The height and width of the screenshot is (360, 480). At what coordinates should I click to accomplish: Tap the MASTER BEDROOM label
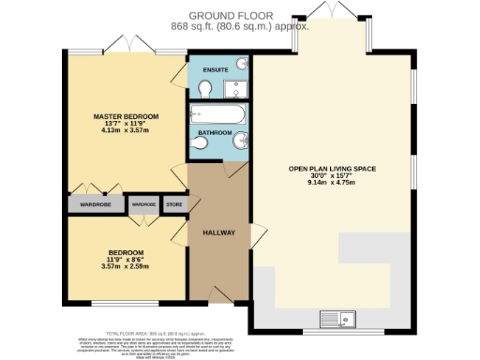(x=126, y=116)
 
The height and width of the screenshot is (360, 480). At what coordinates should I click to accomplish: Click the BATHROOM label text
(x=216, y=134)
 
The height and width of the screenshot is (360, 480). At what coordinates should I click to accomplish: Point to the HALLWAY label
(x=218, y=232)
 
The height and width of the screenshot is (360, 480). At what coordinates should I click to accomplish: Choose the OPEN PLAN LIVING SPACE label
(x=332, y=169)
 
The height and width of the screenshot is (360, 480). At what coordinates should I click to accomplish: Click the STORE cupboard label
(x=173, y=203)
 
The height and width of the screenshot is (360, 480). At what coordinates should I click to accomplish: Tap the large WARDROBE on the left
(x=95, y=204)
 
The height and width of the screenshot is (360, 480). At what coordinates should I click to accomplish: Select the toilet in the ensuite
(x=207, y=89)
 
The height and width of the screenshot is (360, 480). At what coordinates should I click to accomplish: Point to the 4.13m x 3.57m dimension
(x=126, y=133)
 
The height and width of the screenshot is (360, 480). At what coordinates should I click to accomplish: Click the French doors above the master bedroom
(x=127, y=43)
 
